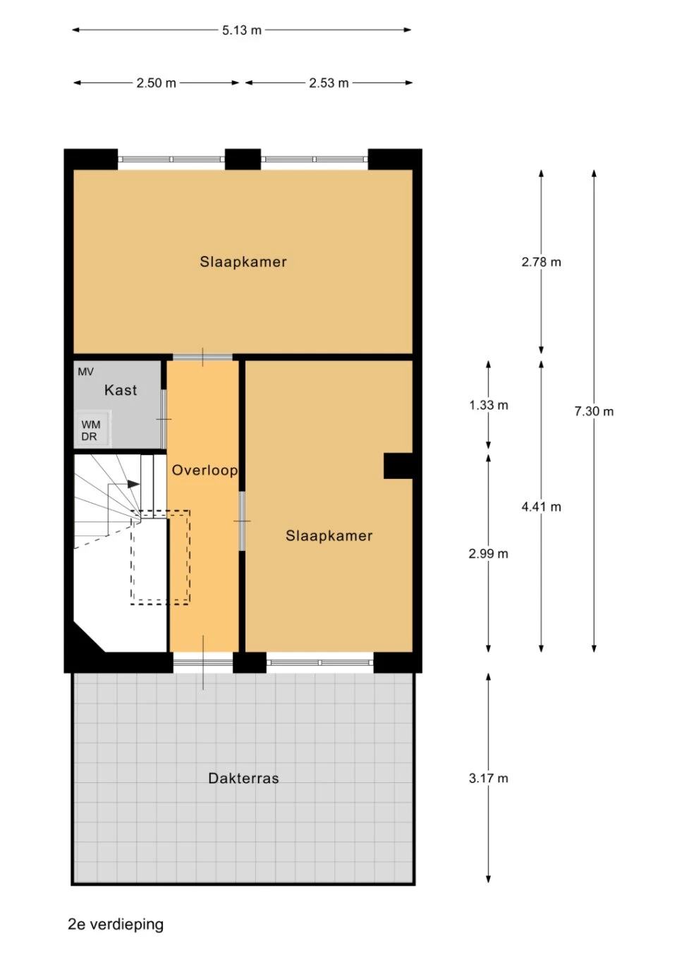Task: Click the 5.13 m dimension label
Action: [241, 30]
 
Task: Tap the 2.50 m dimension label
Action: [156, 83]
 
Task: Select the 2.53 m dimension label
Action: [329, 83]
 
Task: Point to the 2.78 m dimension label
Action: [541, 262]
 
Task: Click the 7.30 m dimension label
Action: [594, 411]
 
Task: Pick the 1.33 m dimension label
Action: [488, 406]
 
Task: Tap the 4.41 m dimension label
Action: [541, 507]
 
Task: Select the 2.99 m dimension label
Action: [488, 554]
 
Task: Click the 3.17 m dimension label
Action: [488, 778]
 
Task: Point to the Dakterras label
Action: [243, 778]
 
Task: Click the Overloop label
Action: [205, 471]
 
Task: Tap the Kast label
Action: [121, 390]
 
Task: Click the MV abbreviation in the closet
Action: [85, 372]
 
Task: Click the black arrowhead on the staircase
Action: [133, 484]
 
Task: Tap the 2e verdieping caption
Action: [116, 924]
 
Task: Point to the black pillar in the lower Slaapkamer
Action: [398, 466]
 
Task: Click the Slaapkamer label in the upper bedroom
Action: [243, 262]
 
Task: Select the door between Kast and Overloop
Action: [164, 419]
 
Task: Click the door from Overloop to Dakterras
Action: [203, 662]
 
